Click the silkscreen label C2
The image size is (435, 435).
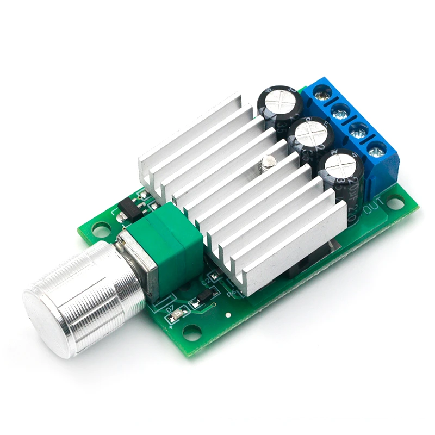point(206,281)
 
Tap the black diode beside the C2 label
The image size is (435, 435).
point(202,296)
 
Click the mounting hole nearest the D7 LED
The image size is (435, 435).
point(191,331)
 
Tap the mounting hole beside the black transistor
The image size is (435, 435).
point(101,231)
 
